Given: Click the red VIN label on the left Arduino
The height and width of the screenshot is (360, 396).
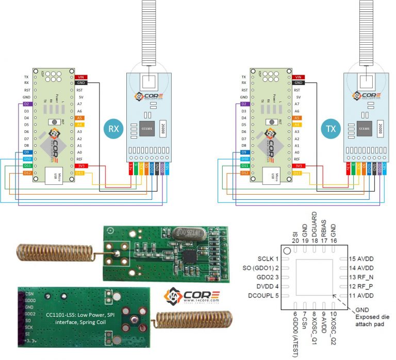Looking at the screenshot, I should tap(81, 77).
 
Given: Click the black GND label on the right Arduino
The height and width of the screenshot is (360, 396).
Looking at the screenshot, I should tap(298, 83).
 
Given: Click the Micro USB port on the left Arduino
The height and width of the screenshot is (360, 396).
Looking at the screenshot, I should tap(54, 176).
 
